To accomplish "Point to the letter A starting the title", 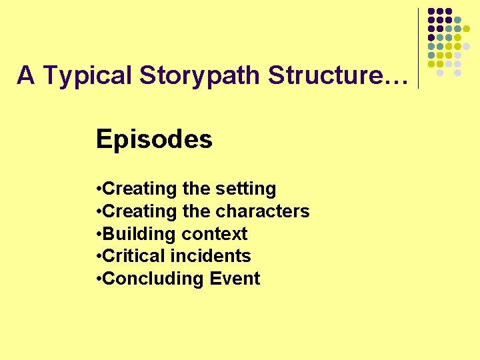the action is [26, 75].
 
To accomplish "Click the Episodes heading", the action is [154, 139].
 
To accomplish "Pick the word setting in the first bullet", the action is [246, 189].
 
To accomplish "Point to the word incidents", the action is [211, 256].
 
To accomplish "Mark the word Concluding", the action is [145, 279].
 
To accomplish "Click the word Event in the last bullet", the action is [235, 279].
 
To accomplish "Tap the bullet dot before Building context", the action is [99, 234].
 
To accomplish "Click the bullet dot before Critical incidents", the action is [99, 256].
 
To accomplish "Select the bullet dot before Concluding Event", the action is [99, 279].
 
